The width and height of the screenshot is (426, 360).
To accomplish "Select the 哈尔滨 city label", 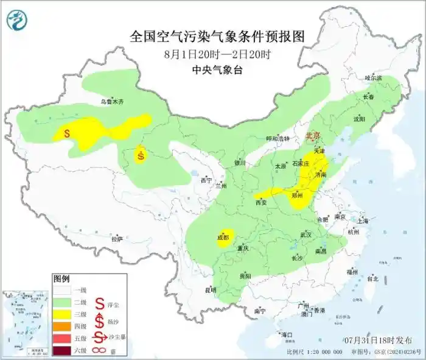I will [373, 78].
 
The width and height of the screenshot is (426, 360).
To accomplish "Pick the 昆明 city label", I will [210, 289].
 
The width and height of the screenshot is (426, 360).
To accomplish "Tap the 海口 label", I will [286, 334].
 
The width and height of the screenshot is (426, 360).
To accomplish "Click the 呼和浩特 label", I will [279, 139].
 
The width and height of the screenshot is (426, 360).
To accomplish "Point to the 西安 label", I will [262, 203].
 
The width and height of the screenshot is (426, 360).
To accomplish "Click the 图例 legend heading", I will [61, 279].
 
